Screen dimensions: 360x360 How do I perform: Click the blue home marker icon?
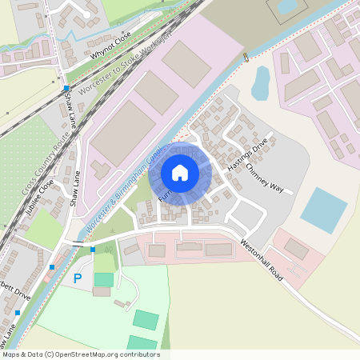tap(180, 173)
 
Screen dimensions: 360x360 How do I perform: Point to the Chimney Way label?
tap(265, 176)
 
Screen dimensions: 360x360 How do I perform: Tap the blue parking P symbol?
tap(78, 278)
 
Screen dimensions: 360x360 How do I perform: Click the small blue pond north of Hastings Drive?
tap(261, 82)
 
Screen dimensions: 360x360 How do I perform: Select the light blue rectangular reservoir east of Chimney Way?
tap(324, 210)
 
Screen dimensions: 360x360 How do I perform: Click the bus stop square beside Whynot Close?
tap(66, 88)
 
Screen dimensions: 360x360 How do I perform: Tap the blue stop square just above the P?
tap(93, 250)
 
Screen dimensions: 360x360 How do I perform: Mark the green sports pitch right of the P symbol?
tap(104, 279)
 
